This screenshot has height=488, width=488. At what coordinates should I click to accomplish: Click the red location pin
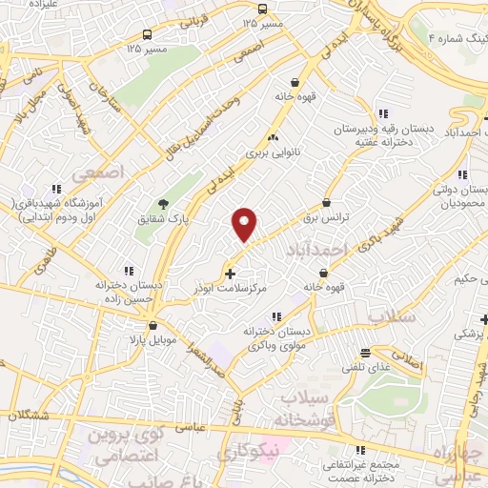pos(245,224)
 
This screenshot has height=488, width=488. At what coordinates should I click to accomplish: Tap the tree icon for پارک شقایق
pos(163,203)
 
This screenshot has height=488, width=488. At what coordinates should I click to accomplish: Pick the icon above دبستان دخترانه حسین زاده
pos(128,271)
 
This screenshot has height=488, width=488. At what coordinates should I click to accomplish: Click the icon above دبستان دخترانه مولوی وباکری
pos(276,316)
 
